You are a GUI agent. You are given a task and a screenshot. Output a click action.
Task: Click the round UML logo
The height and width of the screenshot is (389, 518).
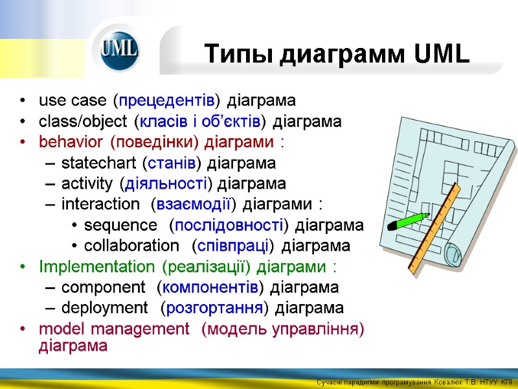[119, 51]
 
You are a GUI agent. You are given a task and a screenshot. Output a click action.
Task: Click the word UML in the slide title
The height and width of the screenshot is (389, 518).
[440, 54]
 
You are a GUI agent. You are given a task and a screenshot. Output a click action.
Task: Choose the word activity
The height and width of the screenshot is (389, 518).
[89, 183]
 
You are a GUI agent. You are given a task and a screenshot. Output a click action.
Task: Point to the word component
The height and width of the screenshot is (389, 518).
[103, 287]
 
